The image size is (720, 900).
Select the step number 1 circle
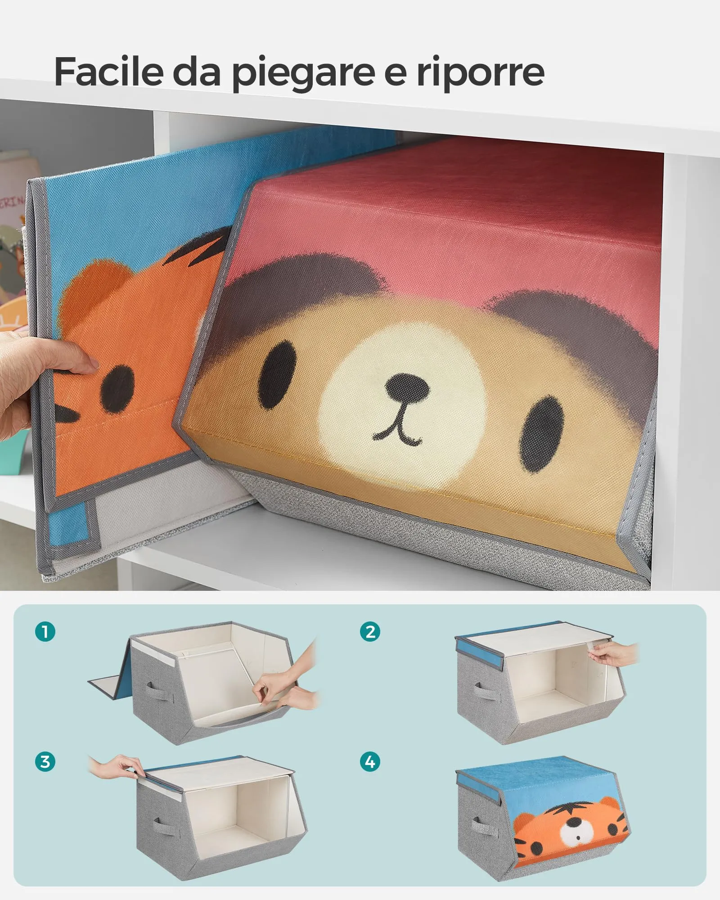click(x=45, y=632)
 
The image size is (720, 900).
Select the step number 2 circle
click(x=370, y=632)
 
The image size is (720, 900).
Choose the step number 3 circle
click(x=45, y=762)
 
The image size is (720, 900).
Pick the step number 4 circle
click(x=370, y=762)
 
